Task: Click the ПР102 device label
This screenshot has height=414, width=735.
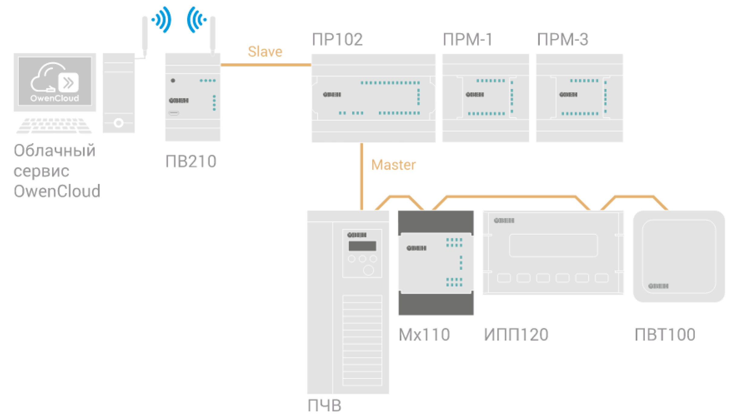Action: click(337, 40)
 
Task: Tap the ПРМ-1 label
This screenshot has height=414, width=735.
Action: click(468, 40)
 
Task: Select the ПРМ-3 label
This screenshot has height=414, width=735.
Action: click(563, 40)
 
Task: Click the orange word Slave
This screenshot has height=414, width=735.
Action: click(265, 52)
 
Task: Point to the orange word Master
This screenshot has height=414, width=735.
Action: click(393, 165)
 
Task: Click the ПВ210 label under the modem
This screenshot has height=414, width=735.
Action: click(191, 161)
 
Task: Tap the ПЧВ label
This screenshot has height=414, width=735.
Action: click(325, 405)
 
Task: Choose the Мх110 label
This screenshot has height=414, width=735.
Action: click(424, 335)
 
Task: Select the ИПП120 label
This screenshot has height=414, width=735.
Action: click(516, 335)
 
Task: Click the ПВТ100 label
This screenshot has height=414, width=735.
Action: click(665, 335)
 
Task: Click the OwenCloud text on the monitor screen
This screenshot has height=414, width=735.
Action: click(55, 98)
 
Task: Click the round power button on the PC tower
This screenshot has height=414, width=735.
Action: click(119, 123)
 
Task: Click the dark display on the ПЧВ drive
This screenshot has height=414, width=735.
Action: click(362, 246)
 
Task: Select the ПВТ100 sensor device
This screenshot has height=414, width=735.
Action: click(679, 256)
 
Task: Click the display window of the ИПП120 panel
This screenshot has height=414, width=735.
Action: click(553, 245)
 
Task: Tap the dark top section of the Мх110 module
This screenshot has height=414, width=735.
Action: click(436, 221)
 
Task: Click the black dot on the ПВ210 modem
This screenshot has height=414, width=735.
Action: click(173, 80)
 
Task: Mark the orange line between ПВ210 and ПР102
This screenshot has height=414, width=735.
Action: click(266, 65)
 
